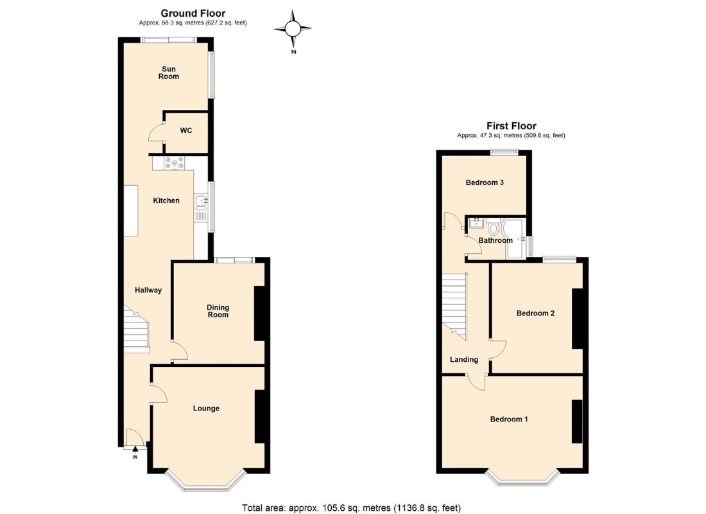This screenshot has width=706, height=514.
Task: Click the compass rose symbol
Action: (x=293, y=28)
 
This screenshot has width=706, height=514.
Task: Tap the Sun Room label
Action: (x=169, y=73)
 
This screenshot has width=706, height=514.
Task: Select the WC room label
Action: (x=185, y=131)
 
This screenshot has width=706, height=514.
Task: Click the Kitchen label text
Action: (x=166, y=201)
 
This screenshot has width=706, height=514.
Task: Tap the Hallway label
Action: (x=148, y=290)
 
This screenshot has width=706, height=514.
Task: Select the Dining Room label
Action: (x=218, y=311)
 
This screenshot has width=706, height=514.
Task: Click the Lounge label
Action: (x=206, y=409)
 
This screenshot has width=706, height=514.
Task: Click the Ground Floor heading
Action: (x=193, y=13)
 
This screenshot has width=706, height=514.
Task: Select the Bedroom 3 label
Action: (x=485, y=182)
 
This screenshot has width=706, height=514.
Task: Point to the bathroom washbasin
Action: (x=476, y=224)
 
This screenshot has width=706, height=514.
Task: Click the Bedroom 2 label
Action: (x=535, y=314)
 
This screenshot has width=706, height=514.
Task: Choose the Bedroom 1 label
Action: (x=509, y=420)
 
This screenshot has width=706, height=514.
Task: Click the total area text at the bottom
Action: (x=351, y=508)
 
